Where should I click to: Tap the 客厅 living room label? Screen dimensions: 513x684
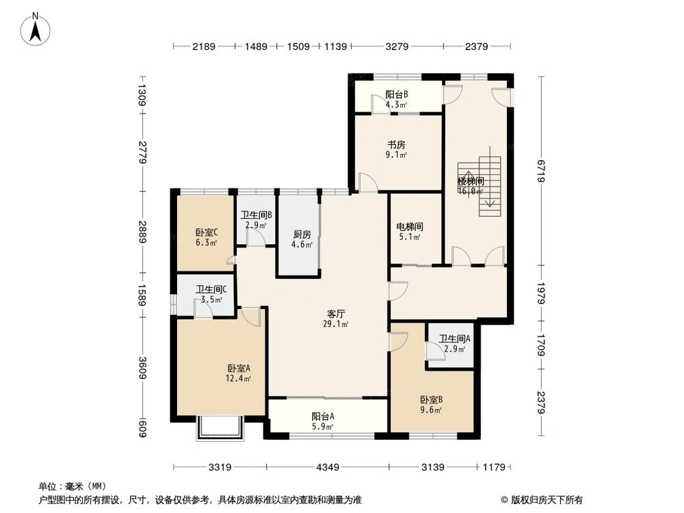(x=335, y=314)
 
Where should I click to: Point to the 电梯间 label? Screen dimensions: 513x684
(x=409, y=226)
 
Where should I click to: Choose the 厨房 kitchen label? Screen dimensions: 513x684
(x=298, y=233)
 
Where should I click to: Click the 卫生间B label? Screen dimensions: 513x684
(x=256, y=214)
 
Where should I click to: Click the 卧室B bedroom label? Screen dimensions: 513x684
(x=431, y=400)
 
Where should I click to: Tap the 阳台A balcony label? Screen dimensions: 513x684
(x=323, y=416)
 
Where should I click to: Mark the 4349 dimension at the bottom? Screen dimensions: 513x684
(x=327, y=467)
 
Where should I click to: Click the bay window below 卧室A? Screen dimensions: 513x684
(x=220, y=428)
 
